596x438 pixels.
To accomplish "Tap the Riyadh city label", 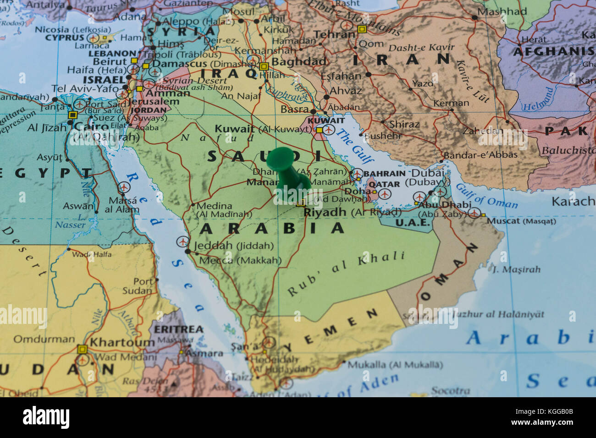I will [325, 212].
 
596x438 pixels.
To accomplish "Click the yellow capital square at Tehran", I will [362, 29].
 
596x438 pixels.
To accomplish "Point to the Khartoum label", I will [122, 342].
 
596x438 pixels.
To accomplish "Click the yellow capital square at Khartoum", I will [82, 349].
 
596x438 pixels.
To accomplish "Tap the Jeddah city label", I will [213, 246].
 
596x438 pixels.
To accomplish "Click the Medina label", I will [214, 206].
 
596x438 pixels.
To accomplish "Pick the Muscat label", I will [503, 221].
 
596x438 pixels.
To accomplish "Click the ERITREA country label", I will [178, 329].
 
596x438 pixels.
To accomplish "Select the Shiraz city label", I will [404, 124].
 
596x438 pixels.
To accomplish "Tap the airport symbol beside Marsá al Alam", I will [123, 187].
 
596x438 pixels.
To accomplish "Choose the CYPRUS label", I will [65, 38].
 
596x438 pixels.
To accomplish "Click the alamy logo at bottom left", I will [46, 417].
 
